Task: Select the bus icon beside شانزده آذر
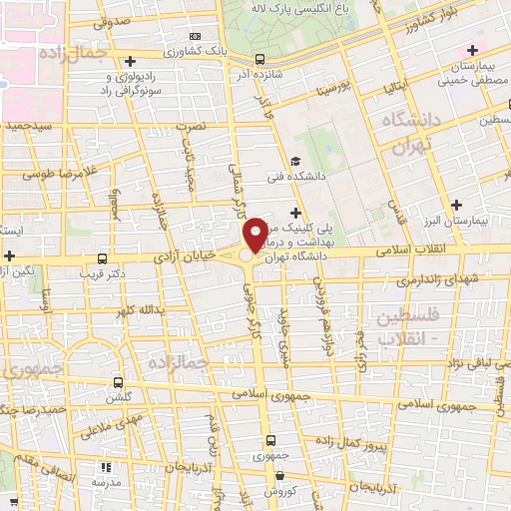click(x=259, y=59)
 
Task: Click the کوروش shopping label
click(x=282, y=493)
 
